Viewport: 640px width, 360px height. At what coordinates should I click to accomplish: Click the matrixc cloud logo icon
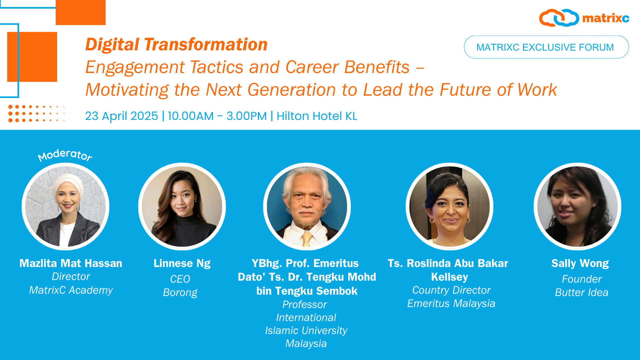[x=559, y=18]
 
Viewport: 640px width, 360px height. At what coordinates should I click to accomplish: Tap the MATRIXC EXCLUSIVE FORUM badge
[x=546, y=47]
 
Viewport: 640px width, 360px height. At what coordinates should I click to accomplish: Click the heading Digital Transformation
[x=176, y=44]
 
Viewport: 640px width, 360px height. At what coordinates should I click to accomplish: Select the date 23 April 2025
[x=121, y=116]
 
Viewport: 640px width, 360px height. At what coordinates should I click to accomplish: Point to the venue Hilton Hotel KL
[x=317, y=116]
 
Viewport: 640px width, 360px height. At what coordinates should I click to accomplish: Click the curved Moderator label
[x=65, y=155]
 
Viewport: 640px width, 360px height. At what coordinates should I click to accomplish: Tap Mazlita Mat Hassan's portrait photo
[x=66, y=206]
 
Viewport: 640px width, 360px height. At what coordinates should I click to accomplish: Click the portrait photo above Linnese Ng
[x=182, y=206]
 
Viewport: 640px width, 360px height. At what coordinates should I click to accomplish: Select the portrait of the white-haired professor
[x=307, y=206]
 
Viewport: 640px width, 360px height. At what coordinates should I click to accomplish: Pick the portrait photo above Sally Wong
[x=577, y=206]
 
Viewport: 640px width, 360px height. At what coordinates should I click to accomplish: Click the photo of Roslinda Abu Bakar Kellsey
[x=449, y=206]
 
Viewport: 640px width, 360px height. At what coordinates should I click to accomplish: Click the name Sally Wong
[x=580, y=263]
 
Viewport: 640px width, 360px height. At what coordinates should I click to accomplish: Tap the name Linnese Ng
[x=182, y=263]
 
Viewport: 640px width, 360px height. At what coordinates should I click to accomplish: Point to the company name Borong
[x=180, y=292]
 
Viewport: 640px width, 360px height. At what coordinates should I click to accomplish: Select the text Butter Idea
[x=582, y=292]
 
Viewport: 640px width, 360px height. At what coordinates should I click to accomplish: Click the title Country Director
[x=451, y=290]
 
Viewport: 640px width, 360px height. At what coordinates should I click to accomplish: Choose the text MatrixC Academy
[x=71, y=290]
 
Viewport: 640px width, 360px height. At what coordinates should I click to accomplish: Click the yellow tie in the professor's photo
[x=307, y=239]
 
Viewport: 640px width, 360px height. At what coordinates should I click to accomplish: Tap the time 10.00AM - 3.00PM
[x=217, y=116]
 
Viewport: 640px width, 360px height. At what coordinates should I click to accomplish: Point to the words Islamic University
[x=306, y=330]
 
